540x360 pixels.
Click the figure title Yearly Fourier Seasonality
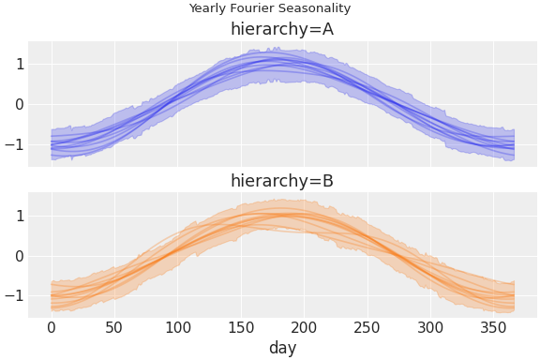coord(269,8)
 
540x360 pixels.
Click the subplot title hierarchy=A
coord(282,29)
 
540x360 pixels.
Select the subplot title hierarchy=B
coord(282,181)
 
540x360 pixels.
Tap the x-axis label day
coord(282,348)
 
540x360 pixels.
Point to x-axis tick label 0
coord(52,327)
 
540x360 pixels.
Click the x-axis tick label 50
coord(114,327)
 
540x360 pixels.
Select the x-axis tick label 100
coord(177,327)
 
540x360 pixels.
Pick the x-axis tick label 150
coord(241,327)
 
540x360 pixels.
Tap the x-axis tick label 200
coord(304,327)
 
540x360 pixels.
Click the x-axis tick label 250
coord(367,327)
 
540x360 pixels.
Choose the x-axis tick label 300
coord(430,327)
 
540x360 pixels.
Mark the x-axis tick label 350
coord(493,327)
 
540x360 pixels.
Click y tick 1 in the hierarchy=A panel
coord(19,64)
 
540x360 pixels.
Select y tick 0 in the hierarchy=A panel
coord(19,104)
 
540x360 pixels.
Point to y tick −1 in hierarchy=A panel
coord(15,144)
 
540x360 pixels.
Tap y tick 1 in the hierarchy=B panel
coord(19,216)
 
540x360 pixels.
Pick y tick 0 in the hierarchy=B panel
coord(19,256)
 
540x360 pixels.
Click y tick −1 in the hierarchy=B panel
coord(15,296)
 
